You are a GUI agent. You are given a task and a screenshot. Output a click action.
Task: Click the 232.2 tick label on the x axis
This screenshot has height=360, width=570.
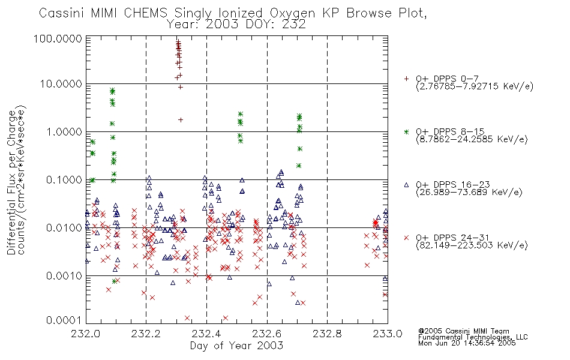coord(146,334)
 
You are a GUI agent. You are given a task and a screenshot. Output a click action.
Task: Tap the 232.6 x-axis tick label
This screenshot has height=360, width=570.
coord(267,334)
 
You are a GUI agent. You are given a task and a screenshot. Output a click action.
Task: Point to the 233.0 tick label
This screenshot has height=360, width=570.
coord(388,334)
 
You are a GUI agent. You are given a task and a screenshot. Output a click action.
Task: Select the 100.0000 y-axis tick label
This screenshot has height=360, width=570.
coord(58,38)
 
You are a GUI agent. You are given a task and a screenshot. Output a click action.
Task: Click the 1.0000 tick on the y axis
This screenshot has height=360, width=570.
coord(64,131)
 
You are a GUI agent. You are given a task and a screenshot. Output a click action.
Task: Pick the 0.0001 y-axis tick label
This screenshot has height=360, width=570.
coord(64,320)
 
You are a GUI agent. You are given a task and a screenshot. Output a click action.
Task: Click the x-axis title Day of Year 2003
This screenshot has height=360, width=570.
coord(236,346)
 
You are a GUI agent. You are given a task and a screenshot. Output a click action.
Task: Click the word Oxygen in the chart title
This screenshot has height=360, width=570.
coord(292,13)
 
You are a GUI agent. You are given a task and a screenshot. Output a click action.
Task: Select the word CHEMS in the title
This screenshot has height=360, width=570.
coord(145,13)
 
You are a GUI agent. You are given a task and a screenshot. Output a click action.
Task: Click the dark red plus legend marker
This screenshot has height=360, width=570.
coord(406,79)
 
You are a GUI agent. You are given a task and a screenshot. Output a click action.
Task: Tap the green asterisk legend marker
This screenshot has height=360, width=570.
coord(406,131)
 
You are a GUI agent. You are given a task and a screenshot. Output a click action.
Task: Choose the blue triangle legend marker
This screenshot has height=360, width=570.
coord(406,185)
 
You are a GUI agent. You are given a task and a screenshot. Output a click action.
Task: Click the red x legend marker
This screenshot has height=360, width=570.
coord(406,238)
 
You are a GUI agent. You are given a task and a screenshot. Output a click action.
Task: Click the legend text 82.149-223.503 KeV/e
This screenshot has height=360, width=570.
coord(472,245)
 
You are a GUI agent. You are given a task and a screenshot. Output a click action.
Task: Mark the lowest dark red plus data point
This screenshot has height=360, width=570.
coord(181,119)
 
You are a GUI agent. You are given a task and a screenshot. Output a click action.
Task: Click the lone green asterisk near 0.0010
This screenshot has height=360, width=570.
coord(114,281)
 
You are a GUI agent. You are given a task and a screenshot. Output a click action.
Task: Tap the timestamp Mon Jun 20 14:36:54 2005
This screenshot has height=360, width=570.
coord(467,343)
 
